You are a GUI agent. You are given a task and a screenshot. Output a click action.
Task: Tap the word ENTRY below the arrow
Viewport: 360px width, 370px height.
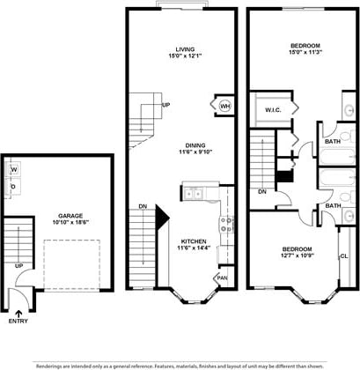pyautogui.click(x=18, y=321)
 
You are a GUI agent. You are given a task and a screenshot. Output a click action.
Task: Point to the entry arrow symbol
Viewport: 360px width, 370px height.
pyautogui.click(x=18, y=308)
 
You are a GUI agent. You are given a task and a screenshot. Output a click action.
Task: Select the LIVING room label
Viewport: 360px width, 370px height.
pyautogui.click(x=184, y=49)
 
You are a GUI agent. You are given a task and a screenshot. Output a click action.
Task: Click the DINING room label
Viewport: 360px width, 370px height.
pyautogui.click(x=184, y=145)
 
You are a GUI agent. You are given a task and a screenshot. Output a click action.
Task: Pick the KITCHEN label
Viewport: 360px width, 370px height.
pyautogui.click(x=194, y=240)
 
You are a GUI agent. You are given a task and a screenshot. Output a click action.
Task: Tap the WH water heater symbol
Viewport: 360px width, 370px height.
pyautogui.click(x=224, y=107)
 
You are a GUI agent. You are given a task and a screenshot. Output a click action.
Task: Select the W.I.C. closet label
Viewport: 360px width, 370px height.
pyautogui.click(x=272, y=111)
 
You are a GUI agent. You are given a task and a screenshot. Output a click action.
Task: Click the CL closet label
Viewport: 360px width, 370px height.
pyautogui.click(x=343, y=255)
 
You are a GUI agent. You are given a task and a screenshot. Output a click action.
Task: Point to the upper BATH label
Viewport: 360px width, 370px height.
pyautogui.click(x=332, y=141)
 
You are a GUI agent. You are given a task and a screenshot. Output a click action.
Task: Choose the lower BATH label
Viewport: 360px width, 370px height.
pyautogui.click(x=332, y=205)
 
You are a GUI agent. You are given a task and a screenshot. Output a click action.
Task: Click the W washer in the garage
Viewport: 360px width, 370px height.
pyautogui.click(x=14, y=168)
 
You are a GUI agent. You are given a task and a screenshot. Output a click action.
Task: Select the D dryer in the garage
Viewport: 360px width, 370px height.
pyautogui.click(x=14, y=187)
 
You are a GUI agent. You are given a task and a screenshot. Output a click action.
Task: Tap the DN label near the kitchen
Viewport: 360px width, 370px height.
pyautogui.click(x=143, y=207)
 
